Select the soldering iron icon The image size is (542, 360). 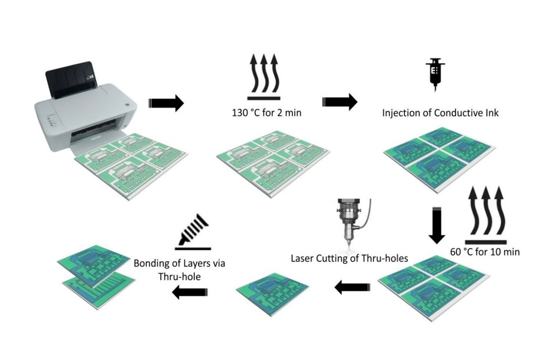(193, 232)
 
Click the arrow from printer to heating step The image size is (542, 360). (166, 103)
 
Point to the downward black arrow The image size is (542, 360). (437, 225)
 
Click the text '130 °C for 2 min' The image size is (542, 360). (267, 113)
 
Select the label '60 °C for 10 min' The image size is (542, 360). (485, 252)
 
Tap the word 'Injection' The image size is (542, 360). (401, 113)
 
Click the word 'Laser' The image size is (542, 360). (302, 258)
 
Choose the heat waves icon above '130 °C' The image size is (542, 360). (264, 77)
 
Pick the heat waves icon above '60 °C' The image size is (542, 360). (486, 215)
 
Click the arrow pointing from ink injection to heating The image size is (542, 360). (340, 102)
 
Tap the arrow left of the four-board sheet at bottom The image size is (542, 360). (352, 288)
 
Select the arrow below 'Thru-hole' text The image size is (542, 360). (190, 292)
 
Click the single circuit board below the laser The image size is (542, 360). (272, 294)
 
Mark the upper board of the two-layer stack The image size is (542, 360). (97, 266)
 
